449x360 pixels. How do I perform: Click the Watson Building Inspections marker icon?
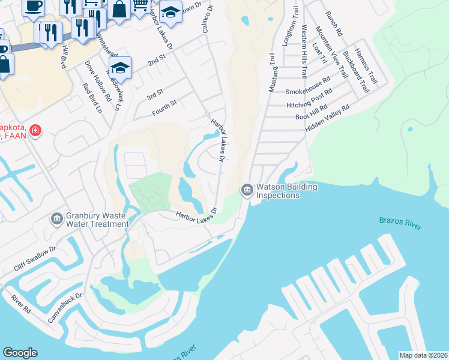[x=247, y=190]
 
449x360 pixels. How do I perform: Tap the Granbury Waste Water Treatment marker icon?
[x=57, y=219]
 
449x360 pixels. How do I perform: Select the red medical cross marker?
[x=35, y=130]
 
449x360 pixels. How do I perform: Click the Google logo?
[x=20, y=353]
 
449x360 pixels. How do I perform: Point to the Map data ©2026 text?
[x=423, y=355]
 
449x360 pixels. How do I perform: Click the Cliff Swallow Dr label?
[x=36, y=257]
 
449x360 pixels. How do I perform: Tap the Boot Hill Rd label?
[x=315, y=112]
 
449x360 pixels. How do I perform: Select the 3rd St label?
[x=155, y=95]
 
